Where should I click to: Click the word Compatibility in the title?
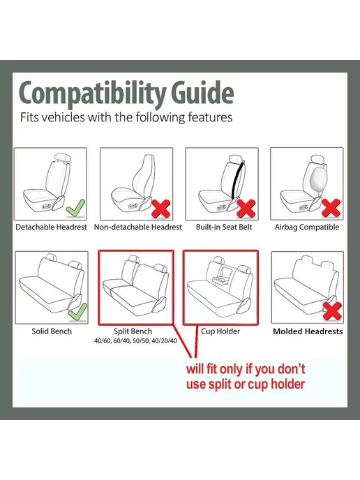point(93,94)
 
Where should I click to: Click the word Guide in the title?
point(202,92)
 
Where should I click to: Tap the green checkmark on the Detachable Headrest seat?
point(75,208)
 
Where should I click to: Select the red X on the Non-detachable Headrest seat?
point(161,209)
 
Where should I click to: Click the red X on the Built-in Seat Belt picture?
point(246,209)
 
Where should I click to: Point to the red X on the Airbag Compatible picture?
point(331,208)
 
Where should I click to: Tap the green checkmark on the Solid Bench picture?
point(77,313)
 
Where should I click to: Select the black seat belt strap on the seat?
point(238,180)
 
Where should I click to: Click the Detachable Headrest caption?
point(51,227)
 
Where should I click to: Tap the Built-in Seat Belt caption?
point(224,227)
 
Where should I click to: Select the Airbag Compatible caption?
point(307,227)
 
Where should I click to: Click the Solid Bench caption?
point(52,331)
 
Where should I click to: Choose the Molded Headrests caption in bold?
point(308,331)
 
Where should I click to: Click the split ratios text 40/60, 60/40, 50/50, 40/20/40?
point(135,340)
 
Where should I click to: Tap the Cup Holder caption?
point(220,331)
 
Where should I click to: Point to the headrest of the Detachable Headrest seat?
point(63,158)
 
